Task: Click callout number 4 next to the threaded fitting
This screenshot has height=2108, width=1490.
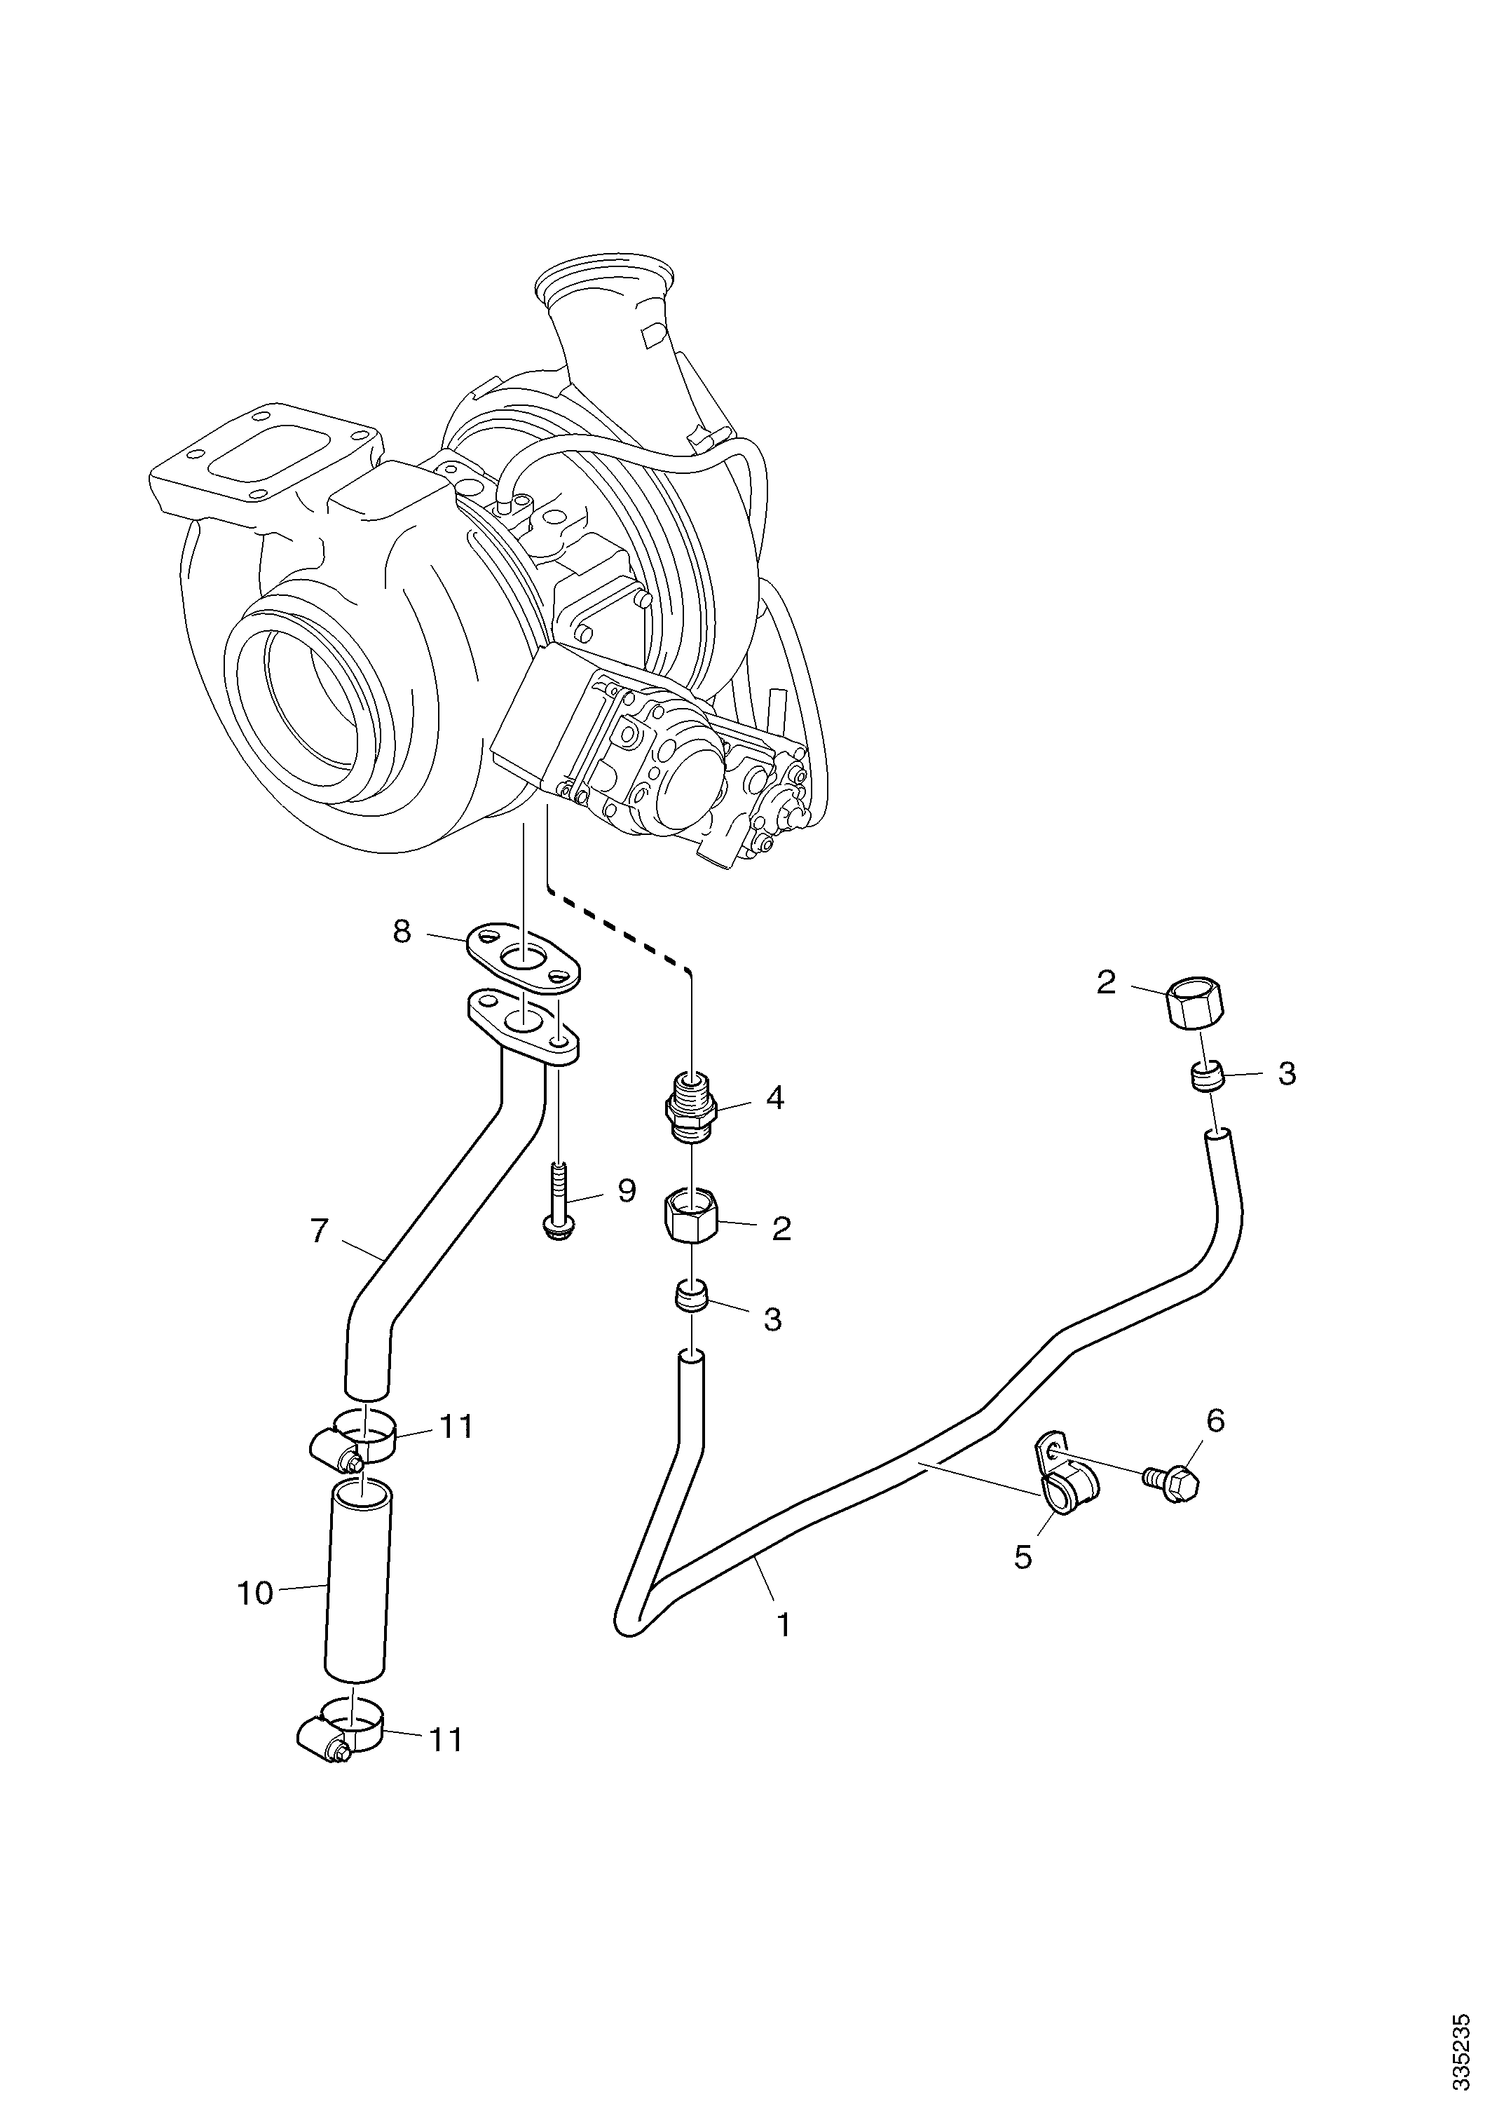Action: (x=775, y=1097)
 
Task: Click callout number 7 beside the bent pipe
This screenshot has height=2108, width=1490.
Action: (x=319, y=1231)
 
